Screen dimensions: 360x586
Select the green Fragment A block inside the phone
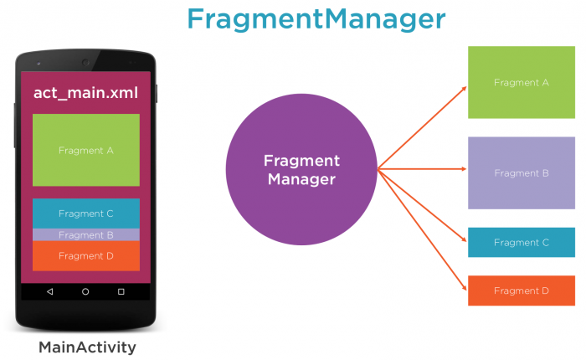(x=85, y=151)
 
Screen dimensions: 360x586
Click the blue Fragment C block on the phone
(x=85, y=213)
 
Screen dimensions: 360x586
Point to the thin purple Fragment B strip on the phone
(x=85, y=235)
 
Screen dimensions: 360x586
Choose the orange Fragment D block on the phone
(x=85, y=255)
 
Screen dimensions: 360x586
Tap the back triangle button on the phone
(x=49, y=291)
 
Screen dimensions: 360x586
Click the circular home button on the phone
(x=85, y=291)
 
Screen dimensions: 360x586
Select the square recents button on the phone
(x=121, y=291)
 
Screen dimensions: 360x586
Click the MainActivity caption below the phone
(x=86, y=347)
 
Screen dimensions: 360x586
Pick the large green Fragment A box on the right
(x=521, y=82)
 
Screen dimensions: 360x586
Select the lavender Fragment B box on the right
(x=521, y=172)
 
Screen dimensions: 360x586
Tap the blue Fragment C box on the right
(x=521, y=242)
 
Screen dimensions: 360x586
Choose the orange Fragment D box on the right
(x=521, y=290)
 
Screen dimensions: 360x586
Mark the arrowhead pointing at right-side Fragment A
(x=464, y=87)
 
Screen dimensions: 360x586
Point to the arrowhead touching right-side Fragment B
(x=464, y=172)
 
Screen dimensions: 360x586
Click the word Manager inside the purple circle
(x=301, y=178)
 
